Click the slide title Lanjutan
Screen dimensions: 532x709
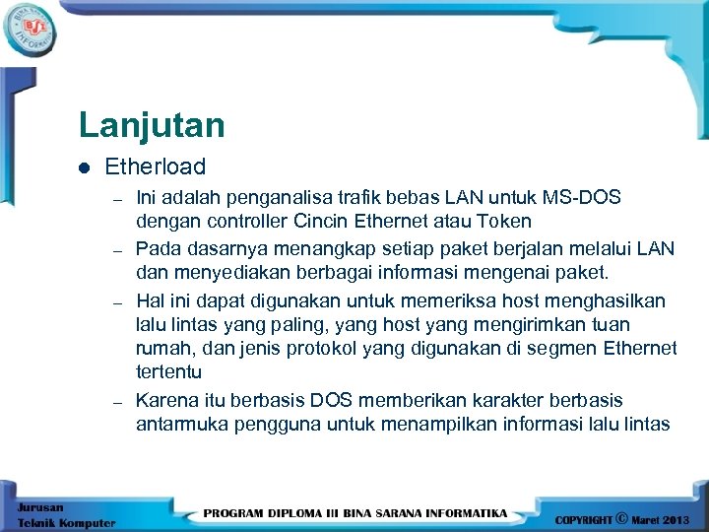click(x=152, y=125)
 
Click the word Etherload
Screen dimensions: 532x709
click(x=155, y=167)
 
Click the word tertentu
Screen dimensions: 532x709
click(x=168, y=372)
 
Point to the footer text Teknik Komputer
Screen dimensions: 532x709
click(x=66, y=523)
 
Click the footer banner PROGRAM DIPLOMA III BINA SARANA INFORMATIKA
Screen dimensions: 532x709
click(x=355, y=513)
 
